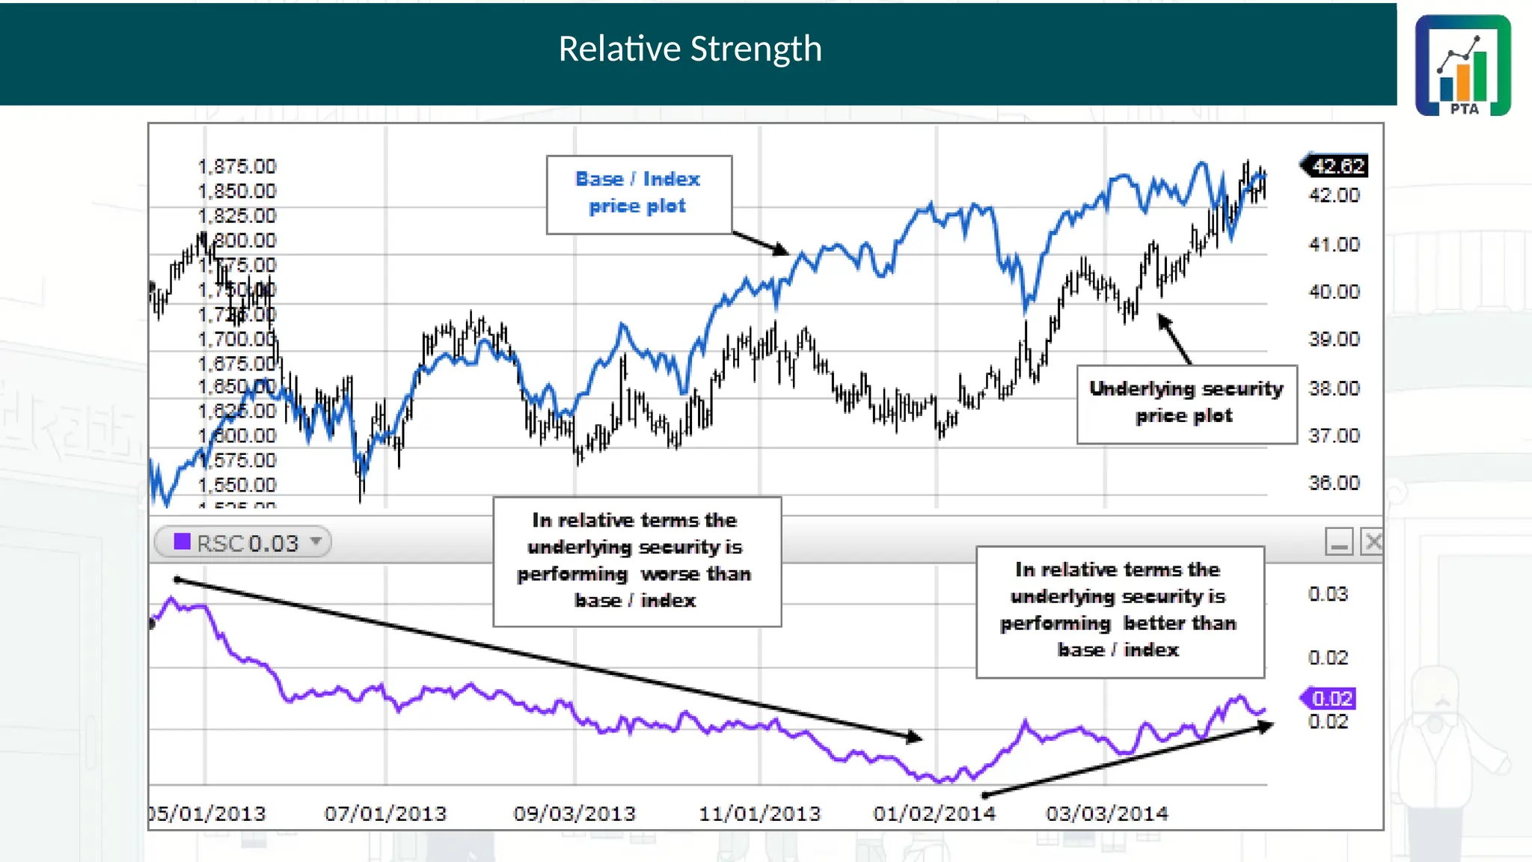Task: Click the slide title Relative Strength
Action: coord(690,49)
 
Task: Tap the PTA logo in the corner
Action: coord(1462,66)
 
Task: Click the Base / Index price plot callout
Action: coord(638,193)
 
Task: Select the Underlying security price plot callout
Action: coord(1186,403)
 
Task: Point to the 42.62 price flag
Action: coord(1338,165)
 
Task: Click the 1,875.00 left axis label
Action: coord(237,166)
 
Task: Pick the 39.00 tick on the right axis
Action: coord(1334,339)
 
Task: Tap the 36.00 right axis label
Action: coord(1334,483)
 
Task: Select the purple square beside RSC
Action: coord(182,542)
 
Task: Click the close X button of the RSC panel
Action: coord(1373,542)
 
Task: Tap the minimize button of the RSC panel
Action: coord(1338,542)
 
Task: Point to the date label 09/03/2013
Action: coord(574,813)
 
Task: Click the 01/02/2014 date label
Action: coord(934,813)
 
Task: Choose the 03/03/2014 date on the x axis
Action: coord(1107,813)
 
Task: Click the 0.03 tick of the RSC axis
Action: coord(1328,594)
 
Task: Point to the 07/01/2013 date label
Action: coord(385,813)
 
